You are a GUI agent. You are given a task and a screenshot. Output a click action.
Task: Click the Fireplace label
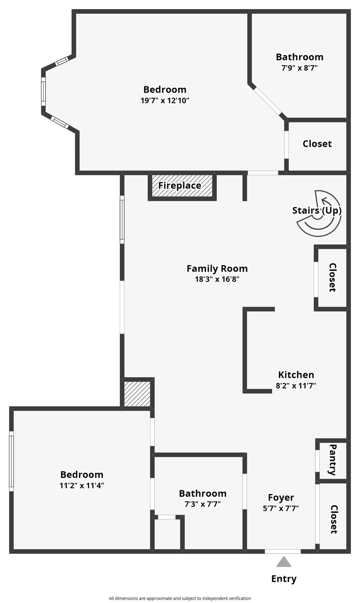pyautogui.click(x=179, y=186)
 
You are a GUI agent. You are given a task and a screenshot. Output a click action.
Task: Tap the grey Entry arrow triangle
pyautogui.click(x=283, y=561)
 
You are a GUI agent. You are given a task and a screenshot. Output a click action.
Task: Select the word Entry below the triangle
pyautogui.click(x=284, y=579)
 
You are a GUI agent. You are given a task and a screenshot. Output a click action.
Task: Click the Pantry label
pyautogui.click(x=333, y=460)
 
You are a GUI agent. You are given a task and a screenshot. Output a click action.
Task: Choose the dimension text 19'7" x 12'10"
pyautogui.click(x=165, y=100)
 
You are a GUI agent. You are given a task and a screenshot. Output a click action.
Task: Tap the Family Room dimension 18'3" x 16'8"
pyautogui.click(x=217, y=279)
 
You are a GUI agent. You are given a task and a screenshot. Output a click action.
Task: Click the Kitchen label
pyautogui.click(x=296, y=375)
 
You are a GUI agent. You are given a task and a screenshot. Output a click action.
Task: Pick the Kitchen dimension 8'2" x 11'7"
pyautogui.click(x=296, y=386)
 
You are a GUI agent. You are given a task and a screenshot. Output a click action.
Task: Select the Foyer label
pyautogui.click(x=281, y=497)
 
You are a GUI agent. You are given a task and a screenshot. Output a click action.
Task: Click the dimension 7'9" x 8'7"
pyautogui.click(x=300, y=68)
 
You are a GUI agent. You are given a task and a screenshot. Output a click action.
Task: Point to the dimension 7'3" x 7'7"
pyautogui.click(x=203, y=504)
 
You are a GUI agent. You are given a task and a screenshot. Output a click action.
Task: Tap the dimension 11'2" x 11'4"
pyautogui.click(x=82, y=485)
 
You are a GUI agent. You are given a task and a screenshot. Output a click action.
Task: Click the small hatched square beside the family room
pyautogui.click(x=137, y=394)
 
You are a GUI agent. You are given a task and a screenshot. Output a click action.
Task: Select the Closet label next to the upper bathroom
pyautogui.click(x=317, y=144)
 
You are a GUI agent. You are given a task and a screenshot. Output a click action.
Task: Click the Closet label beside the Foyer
pyautogui.click(x=334, y=519)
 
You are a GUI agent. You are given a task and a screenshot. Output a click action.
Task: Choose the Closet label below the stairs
pyautogui.click(x=333, y=278)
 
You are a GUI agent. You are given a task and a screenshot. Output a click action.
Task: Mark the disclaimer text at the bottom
pyautogui.click(x=180, y=598)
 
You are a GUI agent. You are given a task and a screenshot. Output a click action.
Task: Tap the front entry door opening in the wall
pyautogui.click(x=283, y=551)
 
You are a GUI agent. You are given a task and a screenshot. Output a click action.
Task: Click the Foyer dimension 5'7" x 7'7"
pyautogui.click(x=281, y=508)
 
